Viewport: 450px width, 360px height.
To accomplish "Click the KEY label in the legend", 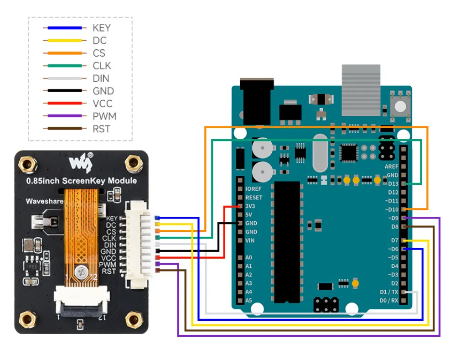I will click(x=101, y=28).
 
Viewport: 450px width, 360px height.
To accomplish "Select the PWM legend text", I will click(x=104, y=116).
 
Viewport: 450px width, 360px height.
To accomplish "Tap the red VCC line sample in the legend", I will click(x=64, y=104).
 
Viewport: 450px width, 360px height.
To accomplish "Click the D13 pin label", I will click(x=393, y=184).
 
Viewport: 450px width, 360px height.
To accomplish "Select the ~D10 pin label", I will click(x=391, y=209).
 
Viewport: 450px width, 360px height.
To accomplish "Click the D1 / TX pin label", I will click(x=389, y=292).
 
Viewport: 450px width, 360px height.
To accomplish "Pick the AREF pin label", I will click(x=391, y=167).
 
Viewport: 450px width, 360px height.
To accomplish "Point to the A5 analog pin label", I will click(x=248, y=301).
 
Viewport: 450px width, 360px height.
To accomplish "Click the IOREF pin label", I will click(x=253, y=189).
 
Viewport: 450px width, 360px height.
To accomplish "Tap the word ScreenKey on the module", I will click(x=94, y=181).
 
